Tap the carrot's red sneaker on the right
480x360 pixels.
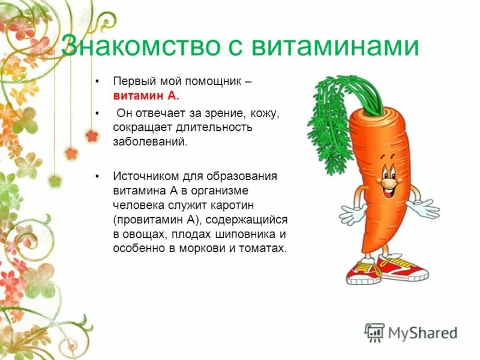pyautogui.click(x=403, y=269)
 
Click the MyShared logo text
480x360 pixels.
pyautogui.click(x=422, y=332)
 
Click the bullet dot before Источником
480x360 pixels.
pyautogui.click(x=97, y=176)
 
